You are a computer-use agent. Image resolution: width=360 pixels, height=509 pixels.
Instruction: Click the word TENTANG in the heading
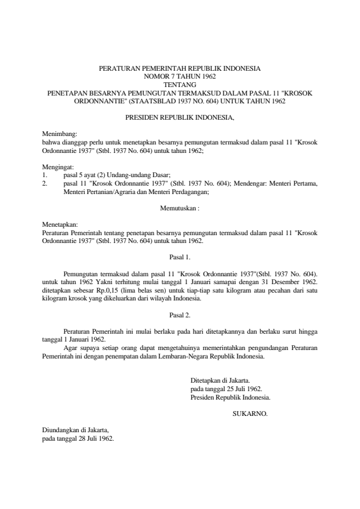(x=180, y=85)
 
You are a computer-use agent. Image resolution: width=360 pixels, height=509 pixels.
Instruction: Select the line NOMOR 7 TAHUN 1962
(x=180, y=77)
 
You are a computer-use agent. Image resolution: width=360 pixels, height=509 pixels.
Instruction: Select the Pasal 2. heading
(x=180, y=315)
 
